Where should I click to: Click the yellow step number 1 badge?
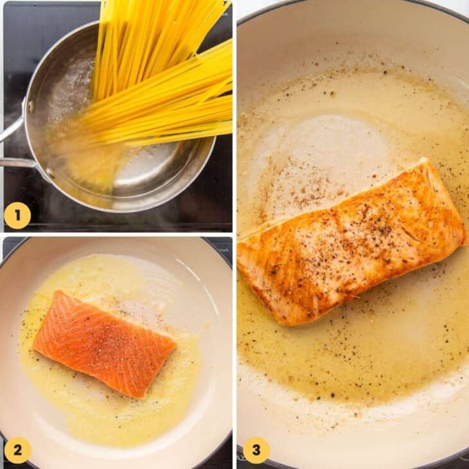coord(17,215)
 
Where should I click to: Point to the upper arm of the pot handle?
coord(11,129)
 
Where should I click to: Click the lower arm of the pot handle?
coord(16,163)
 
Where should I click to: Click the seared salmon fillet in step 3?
coord(350,244)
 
